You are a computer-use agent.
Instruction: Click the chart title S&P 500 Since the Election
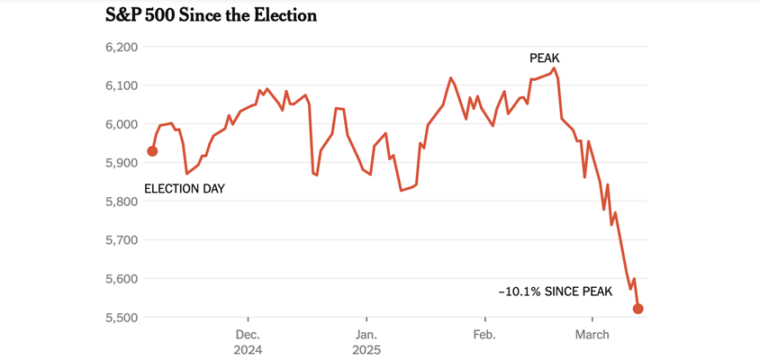click(x=211, y=16)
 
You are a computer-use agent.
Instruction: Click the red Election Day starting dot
click(x=152, y=151)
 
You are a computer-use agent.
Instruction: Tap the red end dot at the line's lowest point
click(x=638, y=309)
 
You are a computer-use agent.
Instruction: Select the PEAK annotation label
click(x=544, y=58)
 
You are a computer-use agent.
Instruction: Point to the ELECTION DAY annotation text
click(x=185, y=189)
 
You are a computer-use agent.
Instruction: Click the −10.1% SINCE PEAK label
click(x=555, y=292)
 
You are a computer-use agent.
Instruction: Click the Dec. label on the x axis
click(x=248, y=335)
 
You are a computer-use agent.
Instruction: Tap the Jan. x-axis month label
click(x=366, y=335)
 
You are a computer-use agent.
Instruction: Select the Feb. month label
click(x=484, y=335)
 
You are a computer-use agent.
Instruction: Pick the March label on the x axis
click(x=592, y=335)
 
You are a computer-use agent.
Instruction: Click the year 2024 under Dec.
click(x=248, y=350)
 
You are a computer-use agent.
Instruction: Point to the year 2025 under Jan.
click(x=366, y=350)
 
